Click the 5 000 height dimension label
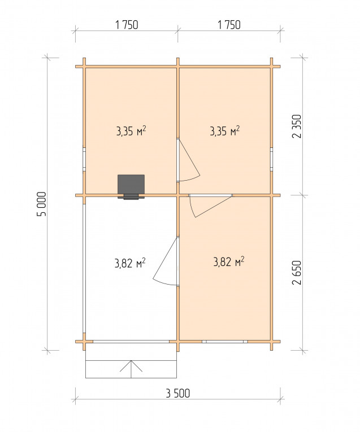(x=42, y=204)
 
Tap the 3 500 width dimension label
(x=178, y=394)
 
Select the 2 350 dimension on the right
(x=297, y=126)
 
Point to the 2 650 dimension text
(x=297, y=273)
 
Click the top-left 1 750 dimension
(x=127, y=25)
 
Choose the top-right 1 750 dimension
(x=229, y=25)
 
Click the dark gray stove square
(x=131, y=185)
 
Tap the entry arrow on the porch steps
(x=131, y=369)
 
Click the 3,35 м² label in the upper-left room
(x=131, y=131)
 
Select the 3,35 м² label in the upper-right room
(x=225, y=131)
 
